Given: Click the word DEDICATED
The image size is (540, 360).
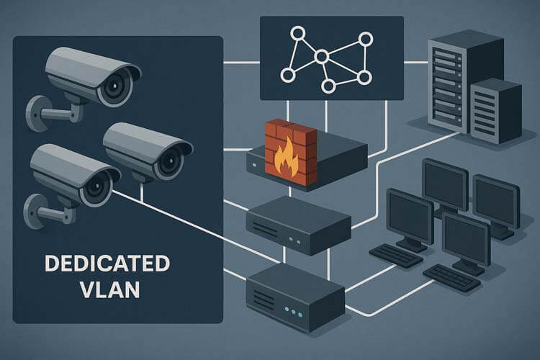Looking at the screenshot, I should click(107, 264).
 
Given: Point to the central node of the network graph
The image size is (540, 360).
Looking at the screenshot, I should click(322, 55).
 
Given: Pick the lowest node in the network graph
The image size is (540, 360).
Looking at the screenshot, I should click(328, 86).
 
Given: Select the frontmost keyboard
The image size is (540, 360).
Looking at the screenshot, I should click(452, 278).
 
